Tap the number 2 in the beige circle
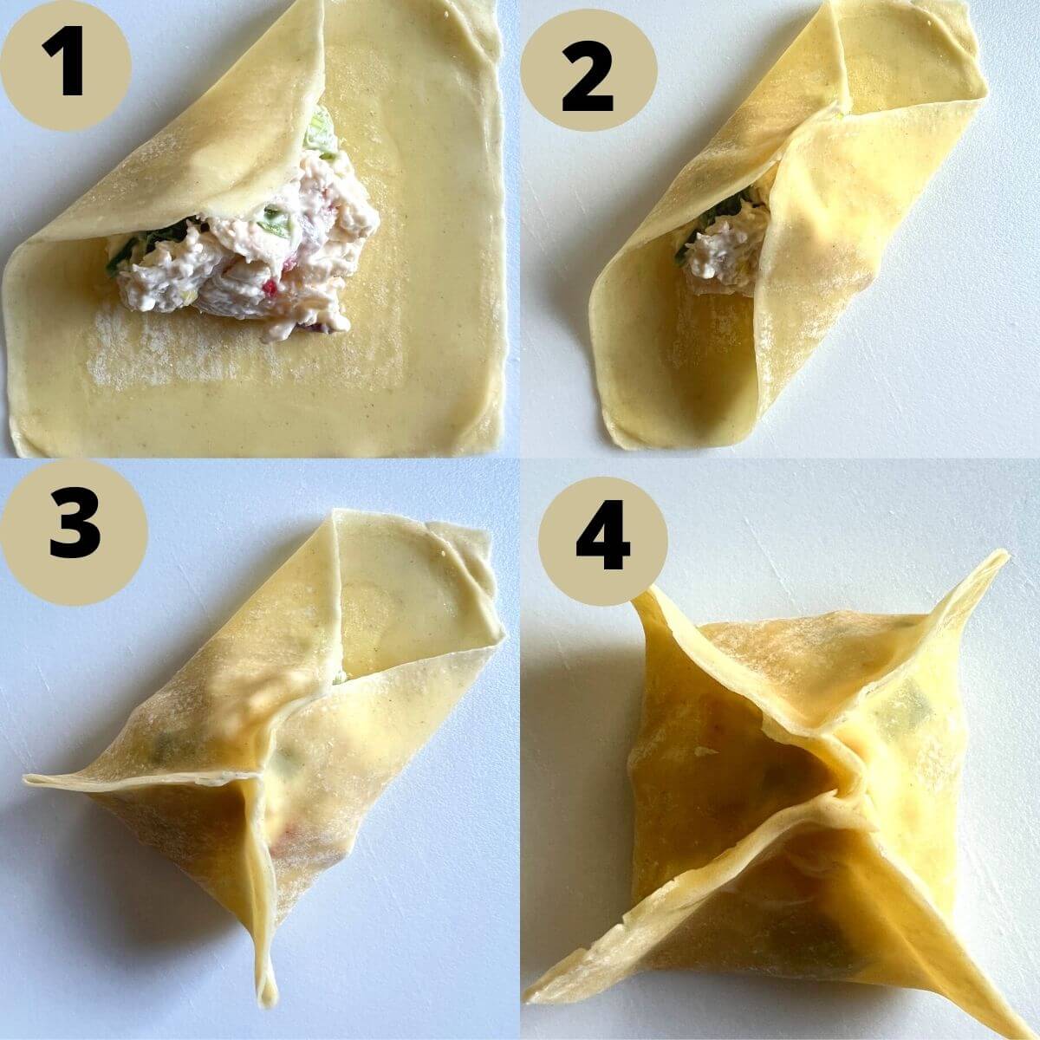pyautogui.click(x=588, y=81)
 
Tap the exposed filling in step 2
pyautogui.click(x=718, y=251)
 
